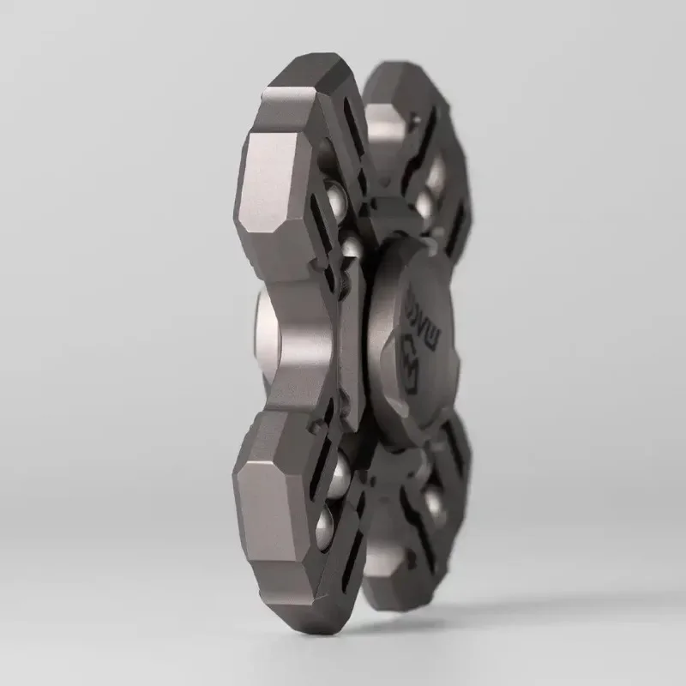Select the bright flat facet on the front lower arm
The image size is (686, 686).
pyautogui.click(x=273, y=502)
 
